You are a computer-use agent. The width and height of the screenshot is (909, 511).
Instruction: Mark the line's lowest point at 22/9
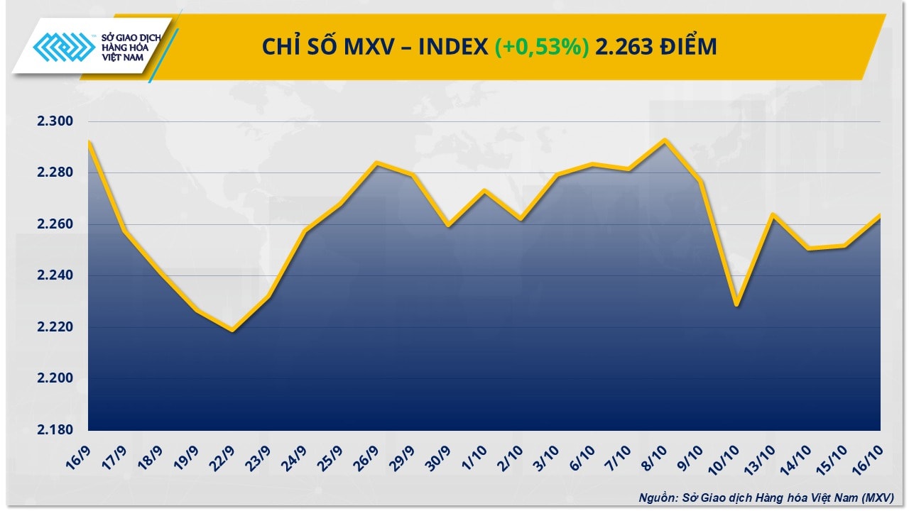click(232, 331)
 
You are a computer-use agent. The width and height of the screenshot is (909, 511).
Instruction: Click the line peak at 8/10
click(665, 140)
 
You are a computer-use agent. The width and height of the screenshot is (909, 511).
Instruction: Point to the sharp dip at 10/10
click(736, 306)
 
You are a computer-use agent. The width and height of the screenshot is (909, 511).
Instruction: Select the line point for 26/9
click(376, 163)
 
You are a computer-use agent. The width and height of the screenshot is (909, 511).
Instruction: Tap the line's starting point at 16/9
click(89, 141)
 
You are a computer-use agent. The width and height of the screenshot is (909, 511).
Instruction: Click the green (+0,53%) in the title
click(543, 47)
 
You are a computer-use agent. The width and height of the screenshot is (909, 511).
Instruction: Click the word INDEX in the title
click(453, 47)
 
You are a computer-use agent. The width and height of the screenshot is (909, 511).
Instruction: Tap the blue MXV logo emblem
click(64, 49)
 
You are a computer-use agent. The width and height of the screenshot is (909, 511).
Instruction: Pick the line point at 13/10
click(773, 214)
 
